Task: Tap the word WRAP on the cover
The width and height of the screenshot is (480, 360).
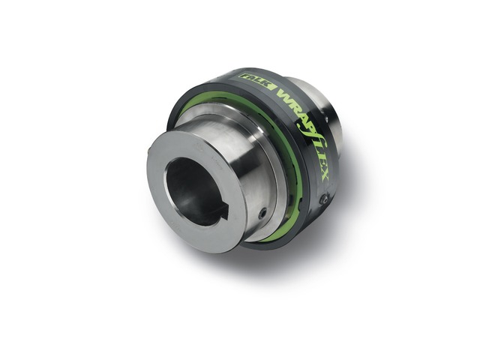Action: [286, 96]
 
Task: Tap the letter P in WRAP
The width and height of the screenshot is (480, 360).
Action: [304, 112]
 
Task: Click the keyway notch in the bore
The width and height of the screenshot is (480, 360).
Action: [222, 216]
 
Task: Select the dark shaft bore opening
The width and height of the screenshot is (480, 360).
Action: [191, 191]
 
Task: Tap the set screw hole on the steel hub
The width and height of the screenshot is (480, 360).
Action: [261, 214]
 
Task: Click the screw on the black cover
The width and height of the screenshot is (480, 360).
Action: [323, 199]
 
